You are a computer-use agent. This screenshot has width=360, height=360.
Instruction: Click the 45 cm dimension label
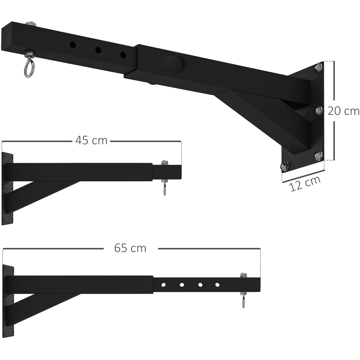pos(91,140)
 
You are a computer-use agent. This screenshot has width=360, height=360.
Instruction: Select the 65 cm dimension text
pos(130,248)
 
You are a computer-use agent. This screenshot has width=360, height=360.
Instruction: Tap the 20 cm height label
pos(343,111)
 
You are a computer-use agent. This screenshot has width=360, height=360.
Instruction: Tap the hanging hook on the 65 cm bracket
pos(243,302)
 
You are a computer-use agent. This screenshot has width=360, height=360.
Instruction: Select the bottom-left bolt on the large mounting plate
pos(284,166)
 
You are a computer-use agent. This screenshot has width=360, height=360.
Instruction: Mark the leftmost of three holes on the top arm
pos(73,45)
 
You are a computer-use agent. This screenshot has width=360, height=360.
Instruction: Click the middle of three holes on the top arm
pos(98,50)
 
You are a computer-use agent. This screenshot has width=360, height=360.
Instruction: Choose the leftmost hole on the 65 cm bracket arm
pos(163,285)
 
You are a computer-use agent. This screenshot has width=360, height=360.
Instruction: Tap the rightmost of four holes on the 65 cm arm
pos(217,285)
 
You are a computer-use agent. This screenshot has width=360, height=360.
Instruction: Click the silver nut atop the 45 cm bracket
pos(165,163)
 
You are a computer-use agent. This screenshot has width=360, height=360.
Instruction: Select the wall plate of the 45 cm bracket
pos(7,188)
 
